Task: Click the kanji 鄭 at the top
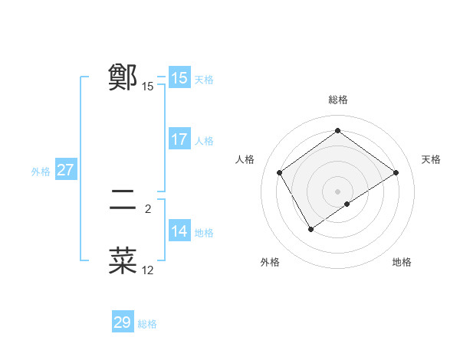pos(123,77)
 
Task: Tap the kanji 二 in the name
pos(123,200)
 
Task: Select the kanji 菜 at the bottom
pos(123,261)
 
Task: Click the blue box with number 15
pos(179,78)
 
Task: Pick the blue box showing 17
pos(179,139)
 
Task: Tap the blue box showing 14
pos(179,231)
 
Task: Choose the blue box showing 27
pos(65,170)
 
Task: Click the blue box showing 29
pos(123,322)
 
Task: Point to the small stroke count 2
pos(148,208)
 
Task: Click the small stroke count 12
pos(148,270)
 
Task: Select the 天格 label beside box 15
pos(204,80)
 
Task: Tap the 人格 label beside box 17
pos(204,141)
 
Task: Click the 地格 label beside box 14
pos(204,233)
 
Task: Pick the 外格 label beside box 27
pos(41,172)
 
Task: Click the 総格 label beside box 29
pos(147,324)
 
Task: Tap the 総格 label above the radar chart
pos(337,100)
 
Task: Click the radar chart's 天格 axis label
pos(432,159)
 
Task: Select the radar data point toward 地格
pos(347,204)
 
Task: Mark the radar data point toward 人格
pos(280,172)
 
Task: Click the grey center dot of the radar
pos(337,191)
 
